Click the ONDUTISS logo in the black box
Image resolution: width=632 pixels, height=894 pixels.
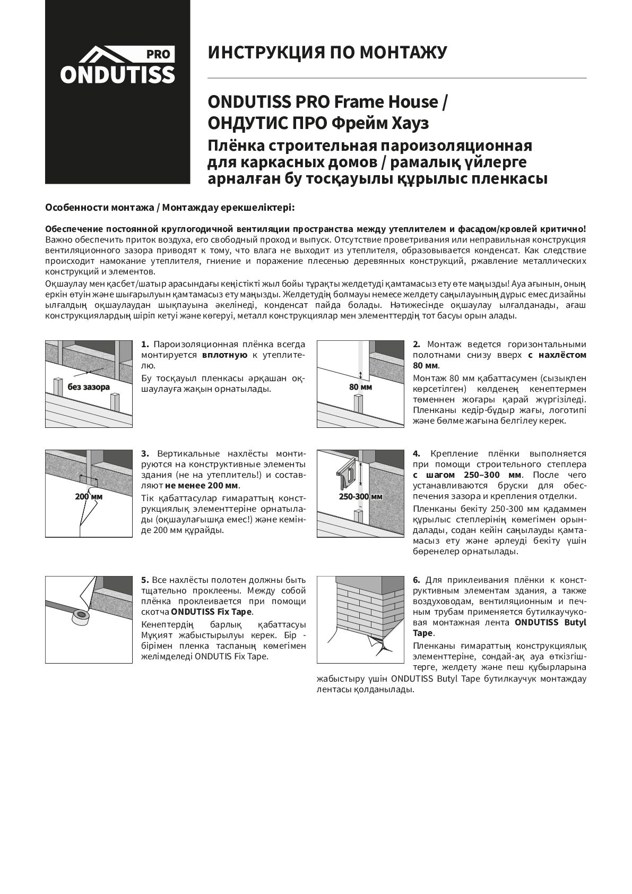point(117,67)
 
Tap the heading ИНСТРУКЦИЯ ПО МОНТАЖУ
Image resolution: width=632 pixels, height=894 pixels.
point(327,52)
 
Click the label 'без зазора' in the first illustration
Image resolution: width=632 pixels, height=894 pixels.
point(89,386)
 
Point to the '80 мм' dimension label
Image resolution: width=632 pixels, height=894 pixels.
point(360,387)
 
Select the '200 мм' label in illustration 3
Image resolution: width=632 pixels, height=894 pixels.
point(89,496)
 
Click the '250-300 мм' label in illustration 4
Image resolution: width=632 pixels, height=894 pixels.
point(360,497)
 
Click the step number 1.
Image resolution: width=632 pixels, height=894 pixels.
point(145,344)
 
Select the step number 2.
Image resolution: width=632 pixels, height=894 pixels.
point(417,344)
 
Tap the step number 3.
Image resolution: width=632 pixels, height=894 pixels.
point(145,453)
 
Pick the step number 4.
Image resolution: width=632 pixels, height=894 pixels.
point(417,453)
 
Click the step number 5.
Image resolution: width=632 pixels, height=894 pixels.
point(145,579)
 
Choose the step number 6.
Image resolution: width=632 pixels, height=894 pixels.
point(417,579)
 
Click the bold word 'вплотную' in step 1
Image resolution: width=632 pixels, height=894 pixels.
point(224,355)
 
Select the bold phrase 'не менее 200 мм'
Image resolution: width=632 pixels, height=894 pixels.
point(202,485)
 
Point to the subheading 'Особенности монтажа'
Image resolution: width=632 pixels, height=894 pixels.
point(101,207)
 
